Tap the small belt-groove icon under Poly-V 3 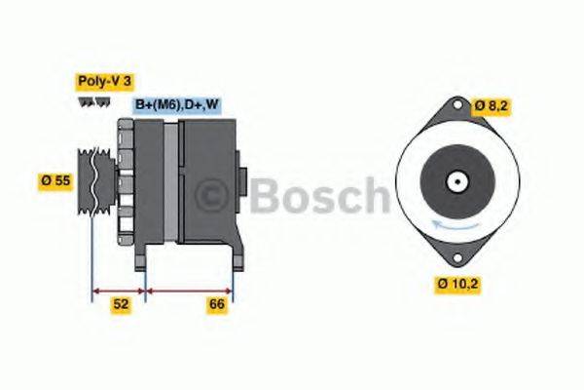[92, 104]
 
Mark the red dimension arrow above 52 [119, 290]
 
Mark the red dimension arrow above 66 [189, 290]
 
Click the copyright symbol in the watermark [214, 196]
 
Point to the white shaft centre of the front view [456, 182]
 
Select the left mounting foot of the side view [143, 258]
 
